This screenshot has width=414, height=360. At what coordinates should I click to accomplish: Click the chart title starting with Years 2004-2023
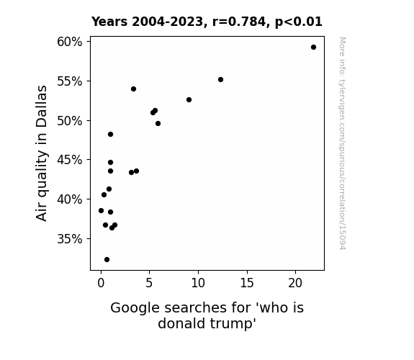tap(207, 22)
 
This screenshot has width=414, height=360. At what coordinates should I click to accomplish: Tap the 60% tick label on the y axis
tap(70, 42)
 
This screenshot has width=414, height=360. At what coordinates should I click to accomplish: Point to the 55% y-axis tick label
tap(70, 81)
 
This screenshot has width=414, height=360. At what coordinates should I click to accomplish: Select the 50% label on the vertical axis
tap(70, 121)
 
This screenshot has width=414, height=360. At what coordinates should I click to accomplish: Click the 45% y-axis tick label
tap(70, 160)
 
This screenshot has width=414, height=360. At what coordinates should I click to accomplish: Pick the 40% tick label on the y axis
tap(70, 199)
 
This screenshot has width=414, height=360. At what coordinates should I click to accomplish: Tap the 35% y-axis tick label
tap(70, 239)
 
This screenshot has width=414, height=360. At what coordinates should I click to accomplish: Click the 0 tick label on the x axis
tap(101, 283)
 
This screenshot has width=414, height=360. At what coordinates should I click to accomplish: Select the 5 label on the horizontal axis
tap(149, 283)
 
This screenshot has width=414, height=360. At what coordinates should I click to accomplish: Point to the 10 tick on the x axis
tap(198, 283)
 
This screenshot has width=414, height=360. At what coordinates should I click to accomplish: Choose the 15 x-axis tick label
tap(247, 283)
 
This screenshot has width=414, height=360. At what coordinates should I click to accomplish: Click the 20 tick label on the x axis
tap(295, 283)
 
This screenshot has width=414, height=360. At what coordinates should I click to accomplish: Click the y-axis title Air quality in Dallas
tap(42, 153)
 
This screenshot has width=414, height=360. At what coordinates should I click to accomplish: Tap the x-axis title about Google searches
tap(207, 315)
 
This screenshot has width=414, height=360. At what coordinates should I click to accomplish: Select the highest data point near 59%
tap(313, 48)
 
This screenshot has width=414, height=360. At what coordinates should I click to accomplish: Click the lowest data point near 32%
tap(107, 260)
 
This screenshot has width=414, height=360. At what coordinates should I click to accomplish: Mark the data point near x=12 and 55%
tap(221, 79)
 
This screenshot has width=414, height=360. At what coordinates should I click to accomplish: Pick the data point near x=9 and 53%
tap(189, 99)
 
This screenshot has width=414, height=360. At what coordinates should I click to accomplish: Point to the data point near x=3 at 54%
tap(134, 89)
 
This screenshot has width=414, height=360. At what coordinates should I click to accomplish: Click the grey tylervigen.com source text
tap(343, 143)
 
